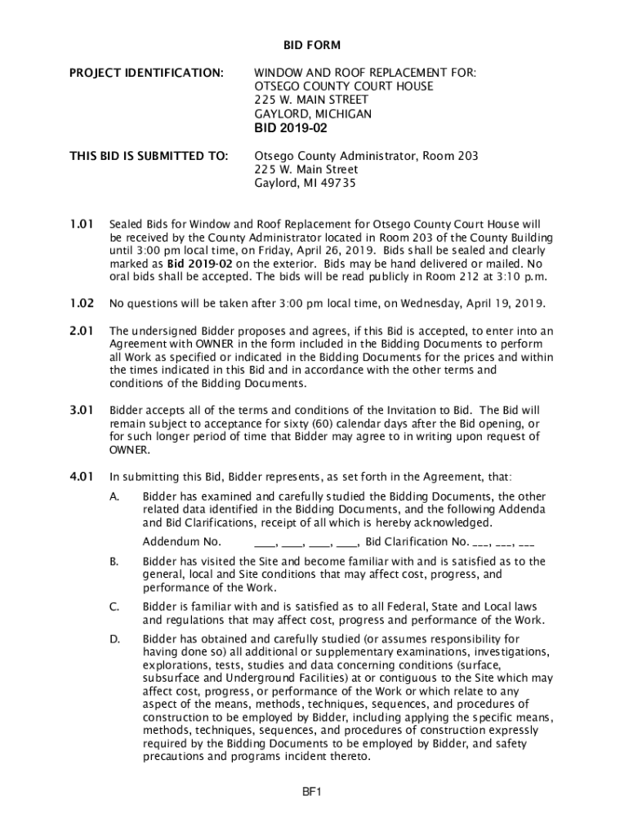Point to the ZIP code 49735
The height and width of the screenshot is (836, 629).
point(339,183)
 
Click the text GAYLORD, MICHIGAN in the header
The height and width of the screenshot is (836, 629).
point(313,113)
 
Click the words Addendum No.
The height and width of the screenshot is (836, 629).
point(181,542)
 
